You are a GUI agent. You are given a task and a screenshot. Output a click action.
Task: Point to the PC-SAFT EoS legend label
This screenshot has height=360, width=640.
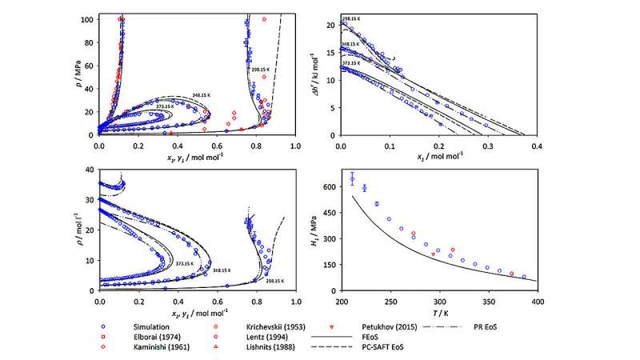[386, 348]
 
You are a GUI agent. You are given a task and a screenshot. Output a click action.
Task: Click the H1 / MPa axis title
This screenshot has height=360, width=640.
[318, 233]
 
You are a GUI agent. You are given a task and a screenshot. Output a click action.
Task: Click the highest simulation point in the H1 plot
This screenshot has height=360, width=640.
[352, 179]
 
